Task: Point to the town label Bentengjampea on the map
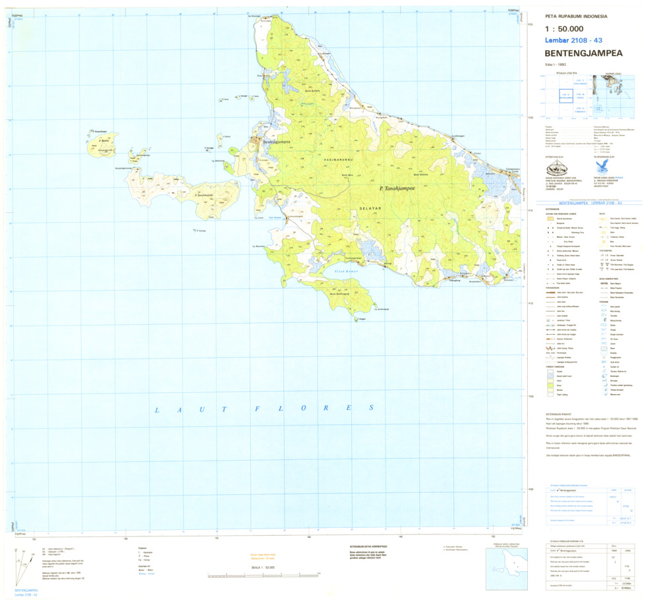[x=277, y=142]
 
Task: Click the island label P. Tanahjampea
[x=401, y=188]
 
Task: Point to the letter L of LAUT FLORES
[x=157, y=411]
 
